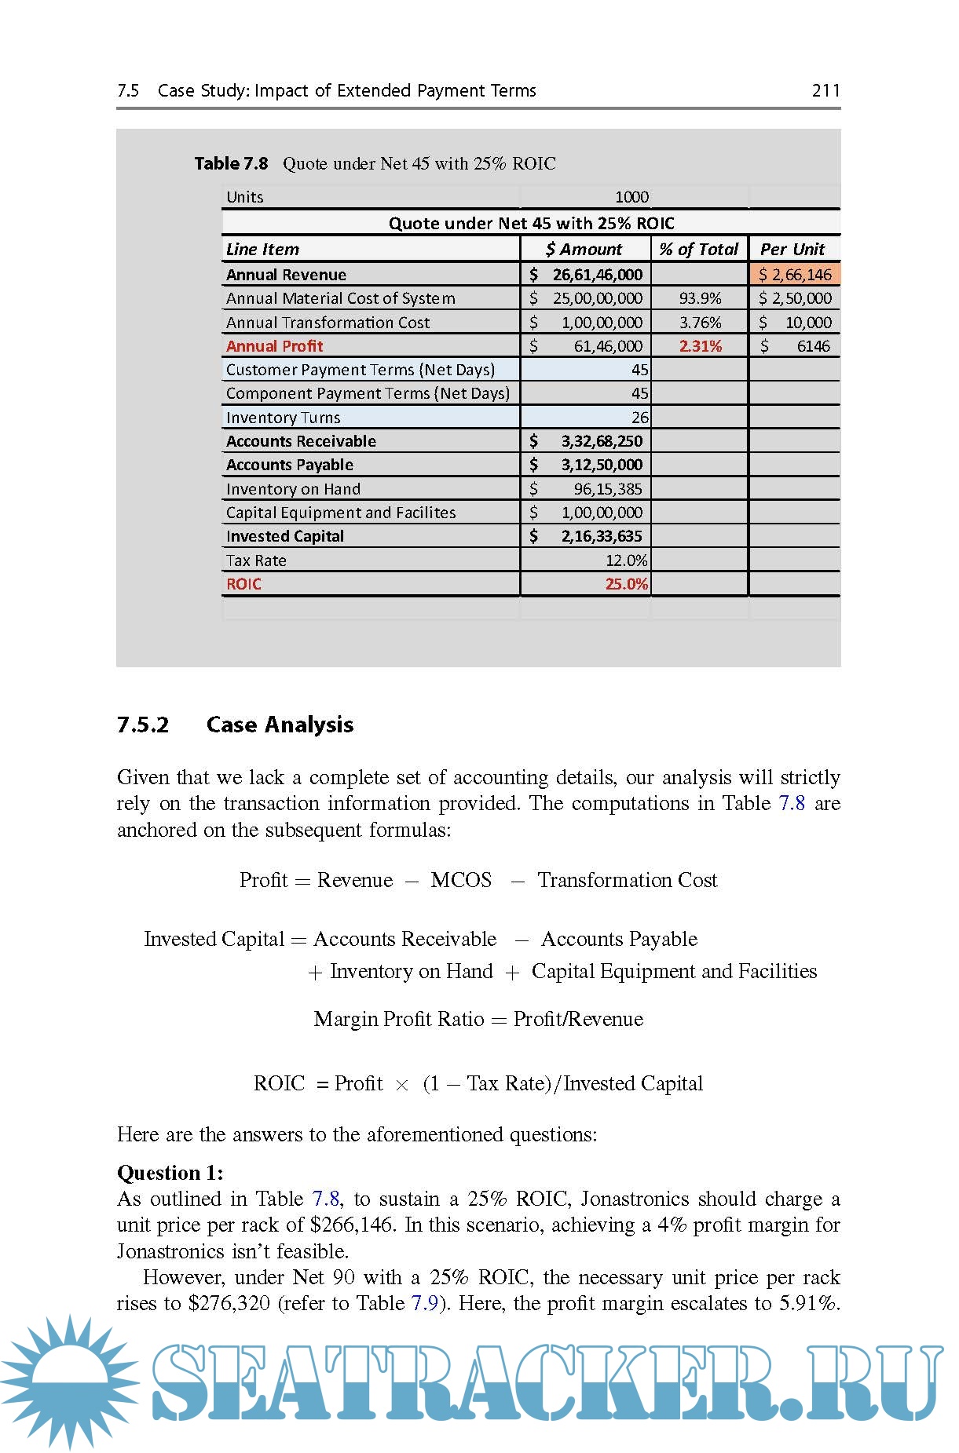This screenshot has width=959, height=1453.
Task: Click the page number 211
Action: coord(825,90)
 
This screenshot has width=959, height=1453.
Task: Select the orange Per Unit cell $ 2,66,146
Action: coord(795,275)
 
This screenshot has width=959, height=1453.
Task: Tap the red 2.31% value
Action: coord(700,346)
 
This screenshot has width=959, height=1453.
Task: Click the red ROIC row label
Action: coord(243,584)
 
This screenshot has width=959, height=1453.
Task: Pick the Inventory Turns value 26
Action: coord(640,418)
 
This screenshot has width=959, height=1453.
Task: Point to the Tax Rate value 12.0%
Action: coord(626,560)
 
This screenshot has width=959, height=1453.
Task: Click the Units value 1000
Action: coord(631,197)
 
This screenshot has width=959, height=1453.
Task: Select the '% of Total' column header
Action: coord(698,250)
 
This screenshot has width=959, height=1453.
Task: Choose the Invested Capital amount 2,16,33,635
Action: coord(601,536)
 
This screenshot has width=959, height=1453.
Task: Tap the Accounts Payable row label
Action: coord(290,465)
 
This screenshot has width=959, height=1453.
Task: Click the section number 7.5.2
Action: coord(143,725)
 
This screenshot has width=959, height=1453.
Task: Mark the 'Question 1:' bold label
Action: coord(170,1173)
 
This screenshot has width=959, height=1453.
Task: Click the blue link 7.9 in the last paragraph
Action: coord(424,1304)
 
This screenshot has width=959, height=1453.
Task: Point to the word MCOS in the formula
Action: coord(461,880)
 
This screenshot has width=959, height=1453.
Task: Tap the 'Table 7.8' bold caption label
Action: coord(231,163)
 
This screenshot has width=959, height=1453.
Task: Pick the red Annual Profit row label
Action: coord(274,346)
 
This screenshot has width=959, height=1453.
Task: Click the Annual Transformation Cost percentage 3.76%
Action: coord(700,323)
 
